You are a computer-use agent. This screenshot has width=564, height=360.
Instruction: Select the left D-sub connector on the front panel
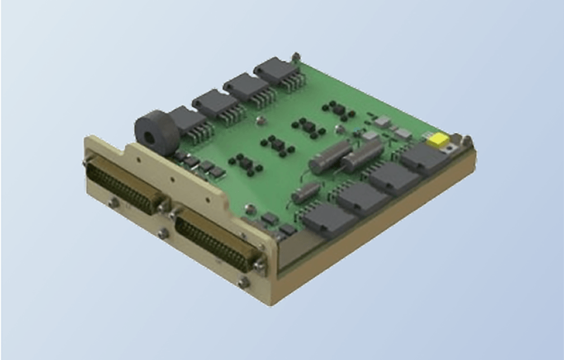tap(125, 184)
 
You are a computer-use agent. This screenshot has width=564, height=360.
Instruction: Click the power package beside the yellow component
tap(423, 157)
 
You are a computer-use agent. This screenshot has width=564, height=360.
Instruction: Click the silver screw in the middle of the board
tap(260, 120)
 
